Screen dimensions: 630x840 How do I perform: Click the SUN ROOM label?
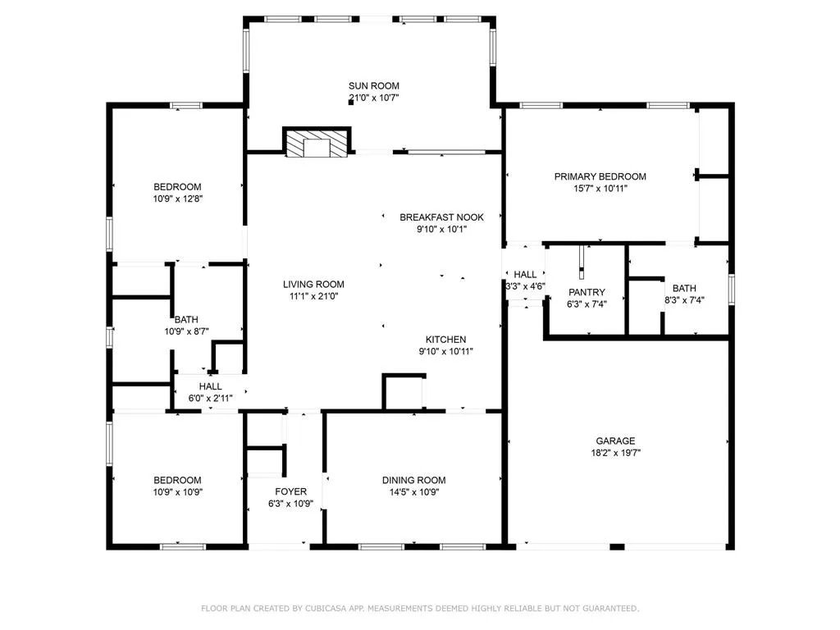(x=373, y=86)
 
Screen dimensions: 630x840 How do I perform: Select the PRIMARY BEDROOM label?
(x=600, y=176)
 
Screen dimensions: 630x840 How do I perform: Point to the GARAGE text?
(x=615, y=441)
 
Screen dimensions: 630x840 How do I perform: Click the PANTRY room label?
(x=586, y=292)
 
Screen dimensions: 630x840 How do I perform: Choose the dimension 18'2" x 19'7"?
(x=615, y=452)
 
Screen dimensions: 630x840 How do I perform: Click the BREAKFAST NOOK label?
(x=441, y=217)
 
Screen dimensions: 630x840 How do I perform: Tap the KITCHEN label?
(x=445, y=340)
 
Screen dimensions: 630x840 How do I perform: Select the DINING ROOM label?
(x=413, y=481)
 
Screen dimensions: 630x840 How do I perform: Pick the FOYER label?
(x=290, y=492)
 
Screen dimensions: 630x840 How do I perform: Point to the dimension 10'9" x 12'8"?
(x=177, y=199)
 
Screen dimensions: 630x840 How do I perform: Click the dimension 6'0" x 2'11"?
(x=210, y=398)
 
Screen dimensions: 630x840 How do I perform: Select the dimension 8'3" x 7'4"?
(x=683, y=300)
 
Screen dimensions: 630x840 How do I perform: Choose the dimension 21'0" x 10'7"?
(x=374, y=98)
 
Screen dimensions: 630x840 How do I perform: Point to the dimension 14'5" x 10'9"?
(x=413, y=492)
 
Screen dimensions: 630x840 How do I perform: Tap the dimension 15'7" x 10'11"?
(x=600, y=188)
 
